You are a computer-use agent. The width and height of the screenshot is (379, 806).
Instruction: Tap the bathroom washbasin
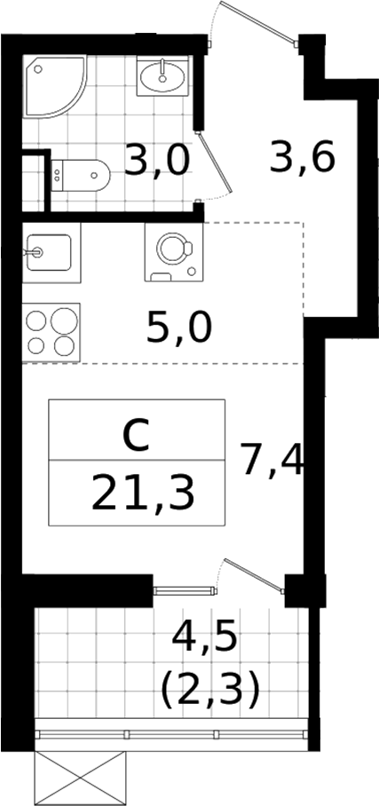click(163, 75)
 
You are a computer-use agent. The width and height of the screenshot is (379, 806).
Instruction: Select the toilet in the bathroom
click(81, 175)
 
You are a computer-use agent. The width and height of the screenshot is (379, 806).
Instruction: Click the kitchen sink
click(51, 252)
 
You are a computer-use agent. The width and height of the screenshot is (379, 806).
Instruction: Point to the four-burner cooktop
click(51, 333)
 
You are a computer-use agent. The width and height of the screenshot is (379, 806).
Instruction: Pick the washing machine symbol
click(174, 252)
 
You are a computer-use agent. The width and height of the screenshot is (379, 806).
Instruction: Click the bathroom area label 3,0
click(157, 161)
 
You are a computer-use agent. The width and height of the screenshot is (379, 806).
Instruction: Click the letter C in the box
click(137, 435)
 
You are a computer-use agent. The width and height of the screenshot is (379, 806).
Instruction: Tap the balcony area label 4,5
click(204, 638)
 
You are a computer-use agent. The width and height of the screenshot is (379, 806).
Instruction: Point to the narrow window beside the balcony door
click(185, 590)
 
